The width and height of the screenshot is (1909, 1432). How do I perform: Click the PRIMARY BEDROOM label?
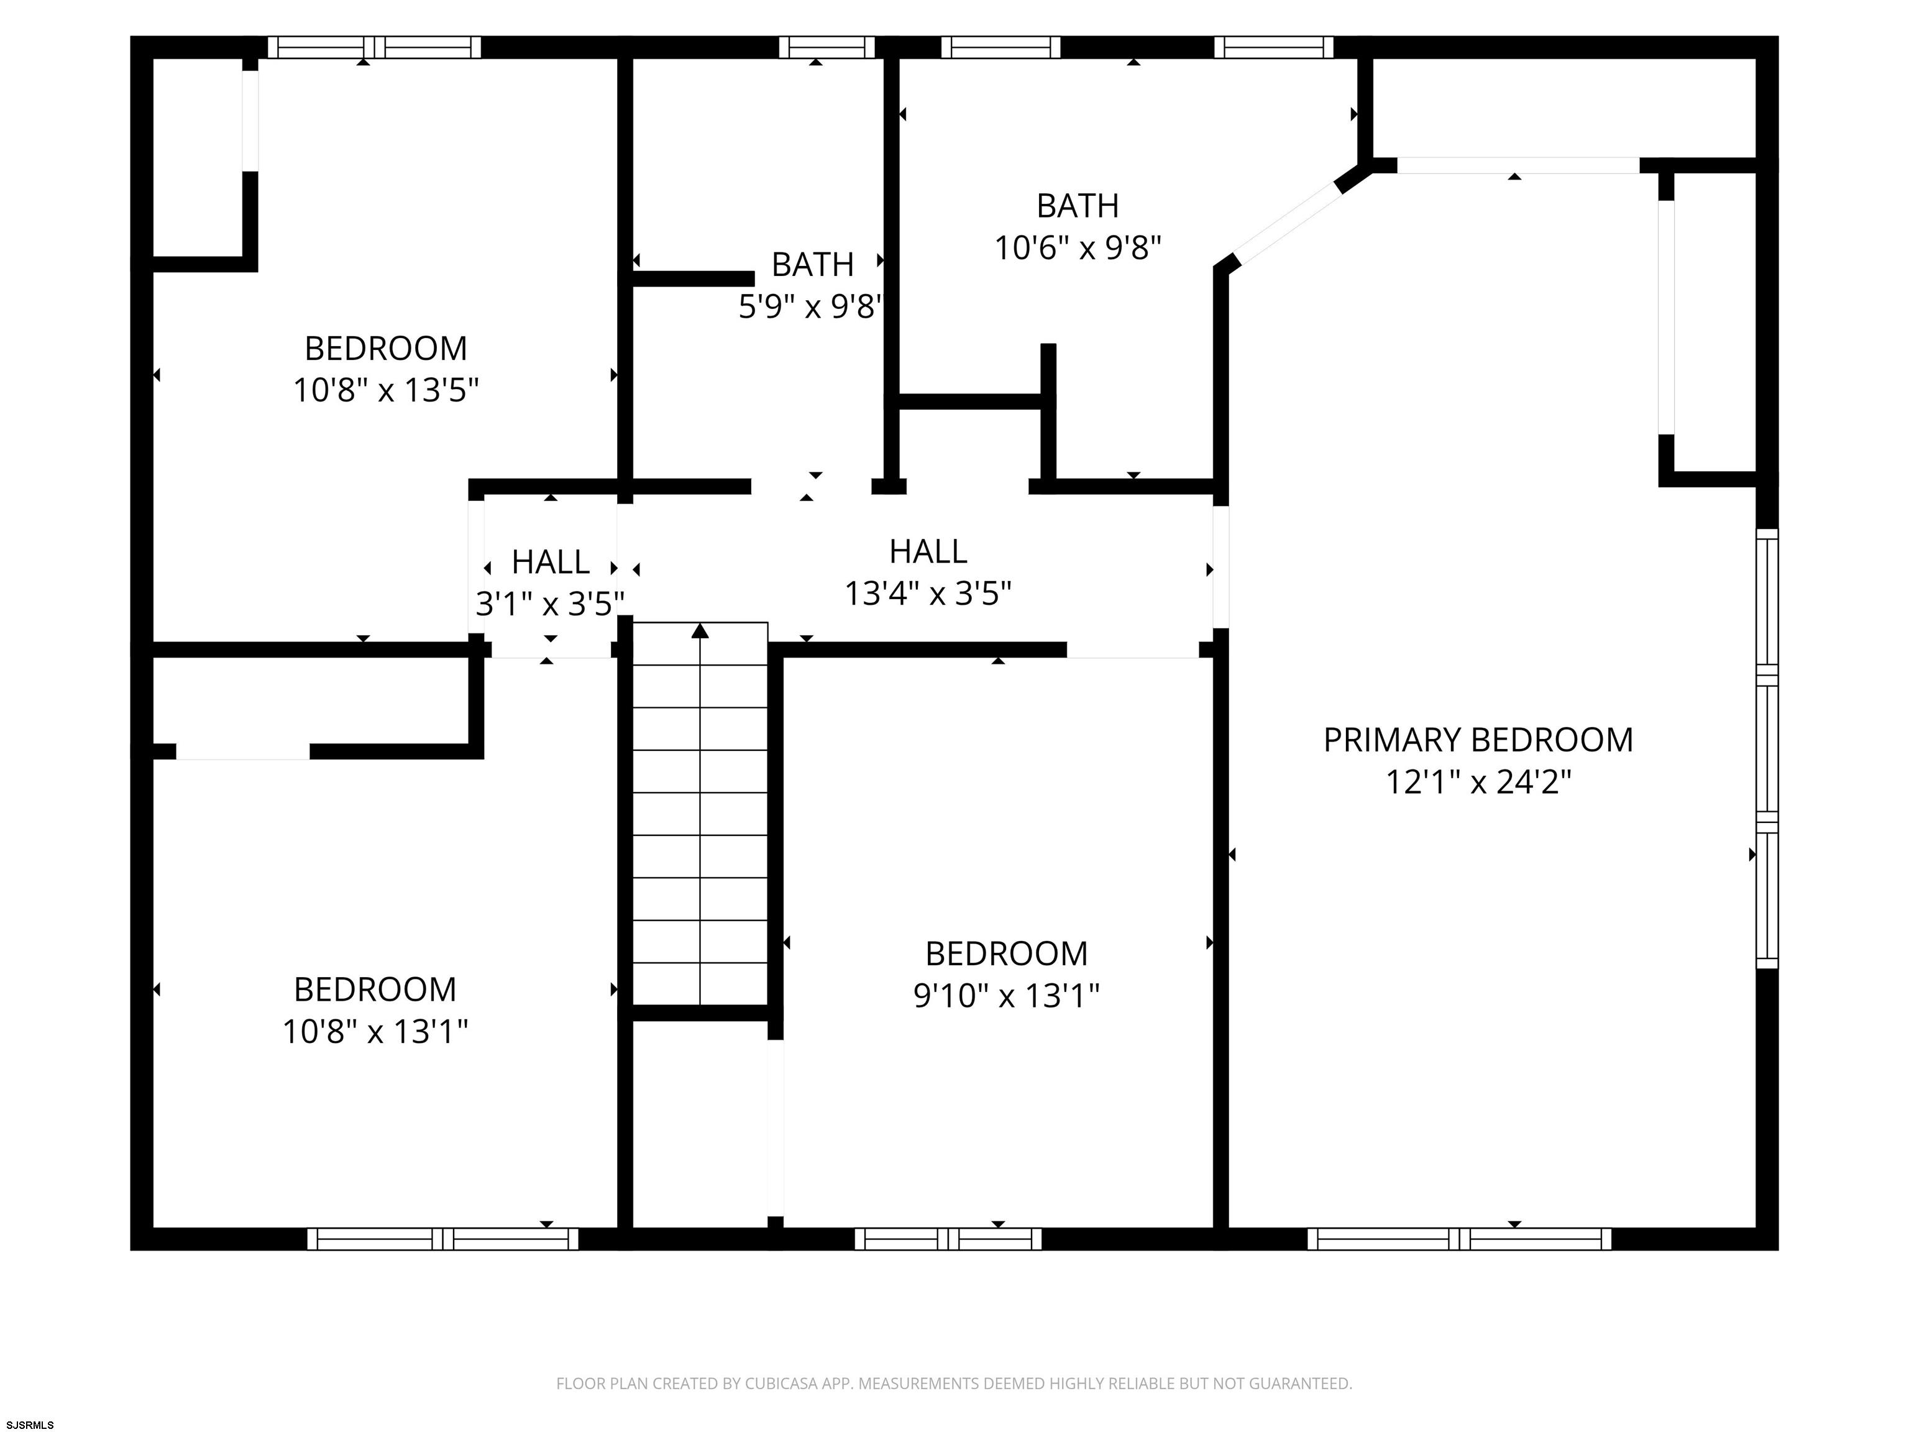click(1478, 740)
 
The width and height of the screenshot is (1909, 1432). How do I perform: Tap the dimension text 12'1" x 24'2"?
click(1478, 782)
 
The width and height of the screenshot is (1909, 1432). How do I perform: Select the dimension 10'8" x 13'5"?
click(386, 390)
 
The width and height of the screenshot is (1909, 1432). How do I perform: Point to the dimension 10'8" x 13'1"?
click(375, 1030)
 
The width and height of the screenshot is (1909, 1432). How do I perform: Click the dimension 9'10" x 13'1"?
click(1006, 995)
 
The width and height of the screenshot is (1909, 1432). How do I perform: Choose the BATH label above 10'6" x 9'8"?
click(1078, 206)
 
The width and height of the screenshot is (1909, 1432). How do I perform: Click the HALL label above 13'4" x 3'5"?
click(928, 551)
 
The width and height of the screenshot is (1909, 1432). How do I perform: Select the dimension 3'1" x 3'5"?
click(550, 604)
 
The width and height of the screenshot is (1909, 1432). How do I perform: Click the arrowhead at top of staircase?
click(700, 631)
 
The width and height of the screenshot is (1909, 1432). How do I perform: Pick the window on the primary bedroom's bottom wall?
click(1459, 1239)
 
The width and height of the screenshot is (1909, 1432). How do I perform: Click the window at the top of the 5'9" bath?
click(826, 47)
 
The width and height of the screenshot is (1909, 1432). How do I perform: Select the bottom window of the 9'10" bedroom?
click(948, 1239)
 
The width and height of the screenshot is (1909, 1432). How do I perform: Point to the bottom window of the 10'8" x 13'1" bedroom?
click(442, 1239)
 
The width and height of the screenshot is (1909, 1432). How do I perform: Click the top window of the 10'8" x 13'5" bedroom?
click(373, 47)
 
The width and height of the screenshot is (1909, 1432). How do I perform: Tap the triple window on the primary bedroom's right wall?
click(1767, 748)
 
